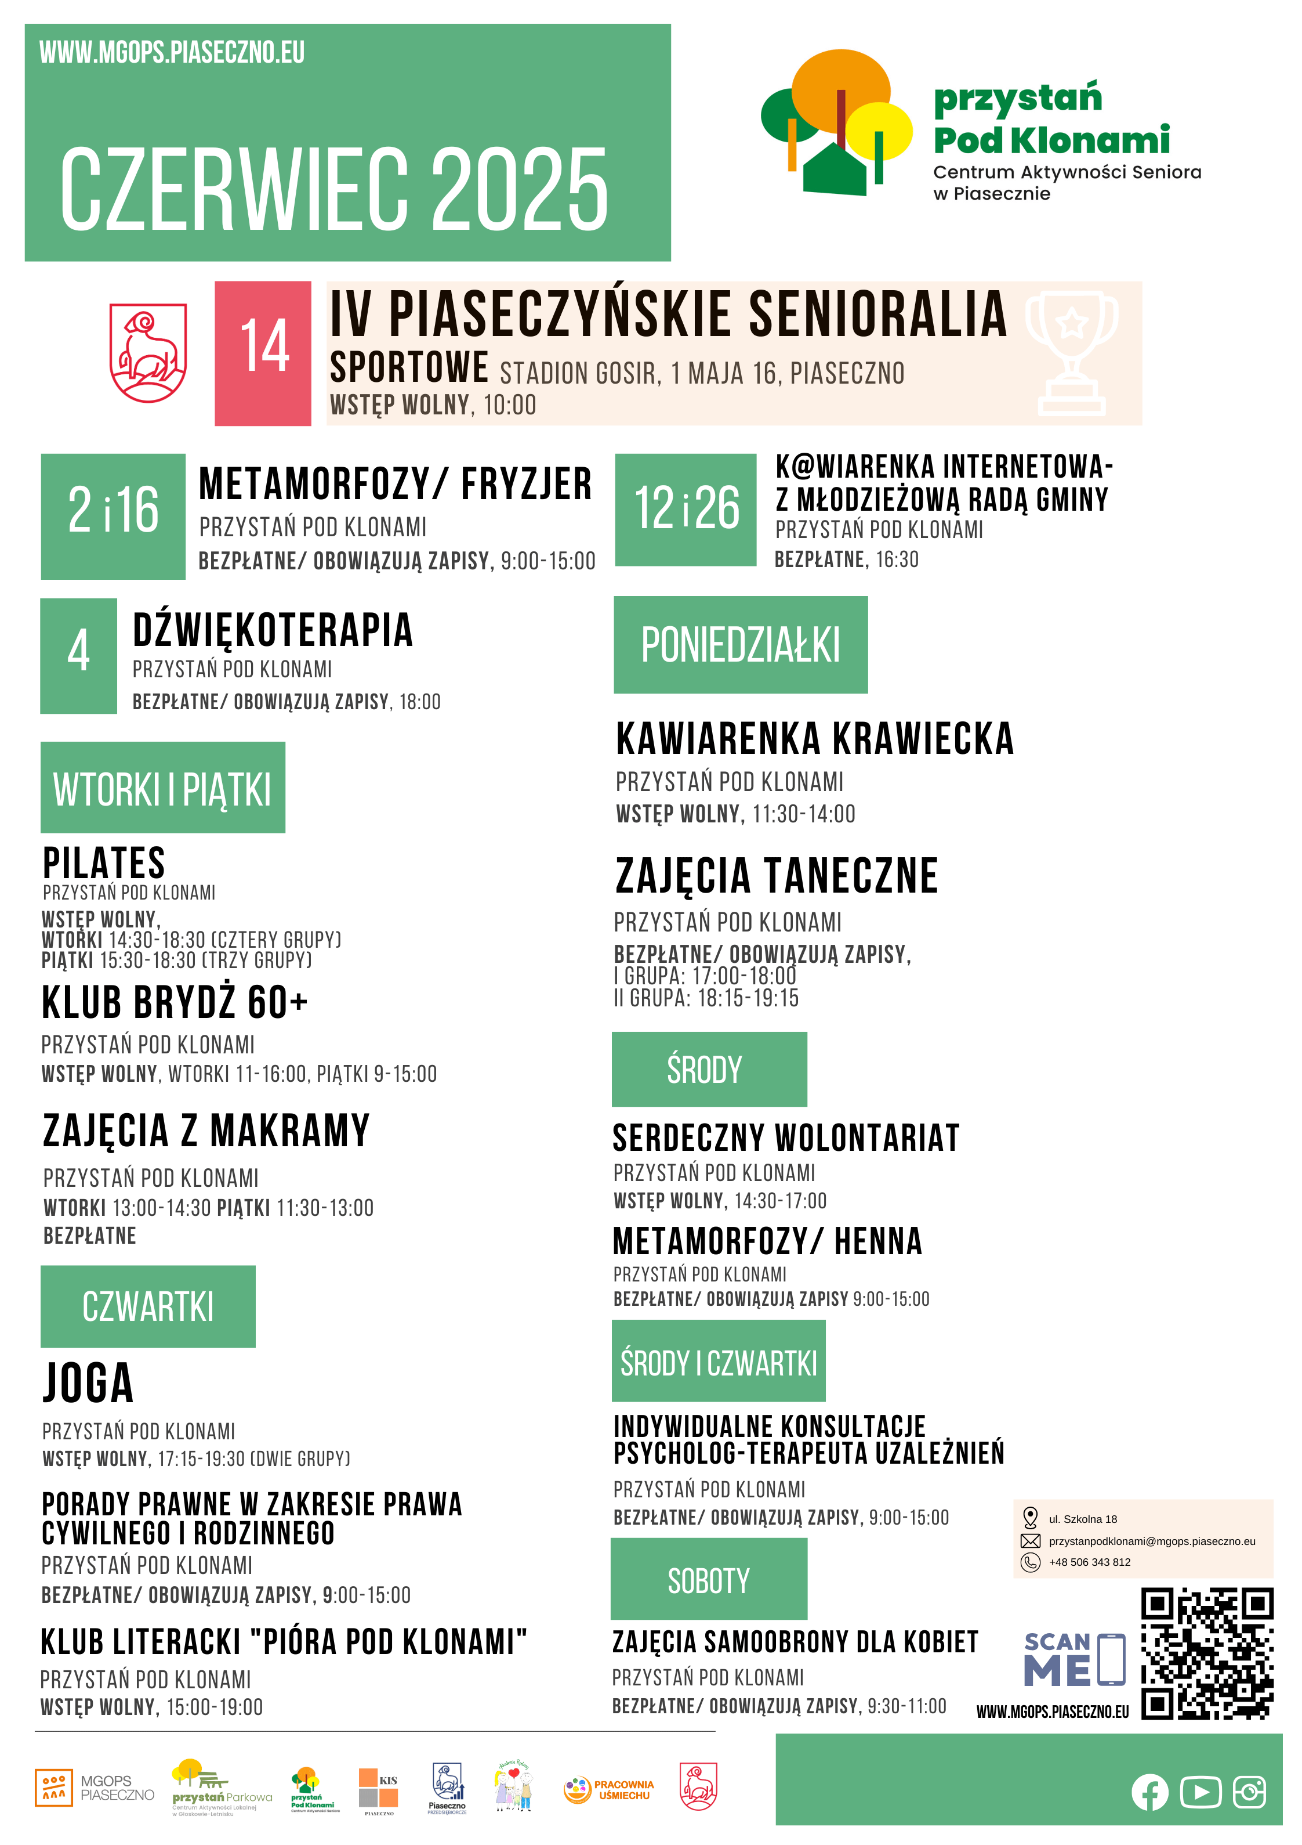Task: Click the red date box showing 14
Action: pyautogui.click(x=263, y=353)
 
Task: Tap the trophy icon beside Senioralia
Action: pyautogui.click(x=1072, y=352)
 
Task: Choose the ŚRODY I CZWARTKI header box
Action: pyautogui.click(x=718, y=1361)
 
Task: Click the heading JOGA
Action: pyautogui.click(x=88, y=1383)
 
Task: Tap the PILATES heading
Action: pyautogui.click(x=104, y=863)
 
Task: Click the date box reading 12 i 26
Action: pyautogui.click(x=686, y=510)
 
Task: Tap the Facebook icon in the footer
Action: pyautogui.click(x=1149, y=1792)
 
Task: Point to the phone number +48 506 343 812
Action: pyautogui.click(x=1089, y=1562)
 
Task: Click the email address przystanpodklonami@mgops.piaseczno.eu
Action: pyautogui.click(x=1151, y=1541)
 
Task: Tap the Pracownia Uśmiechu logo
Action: pyautogui.click(x=609, y=1789)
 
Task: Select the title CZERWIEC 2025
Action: pyautogui.click(x=334, y=190)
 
